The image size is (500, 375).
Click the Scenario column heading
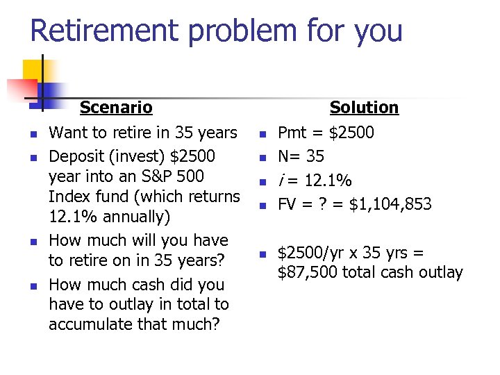pyautogui.click(x=116, y=108)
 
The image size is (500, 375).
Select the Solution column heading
pyautogui.click(x=364, y=108)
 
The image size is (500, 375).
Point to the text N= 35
pyautogui.click(x=301, y=157)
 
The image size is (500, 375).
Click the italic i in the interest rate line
pyautogui.click(x=281, y=181)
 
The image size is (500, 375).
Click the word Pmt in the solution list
pyautogui.click(x=291, y=133)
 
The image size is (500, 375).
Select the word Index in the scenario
pyautogui.click(x=67, y=197)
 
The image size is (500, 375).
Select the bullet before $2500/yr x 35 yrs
pyautogui.click(x=262, y=254)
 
